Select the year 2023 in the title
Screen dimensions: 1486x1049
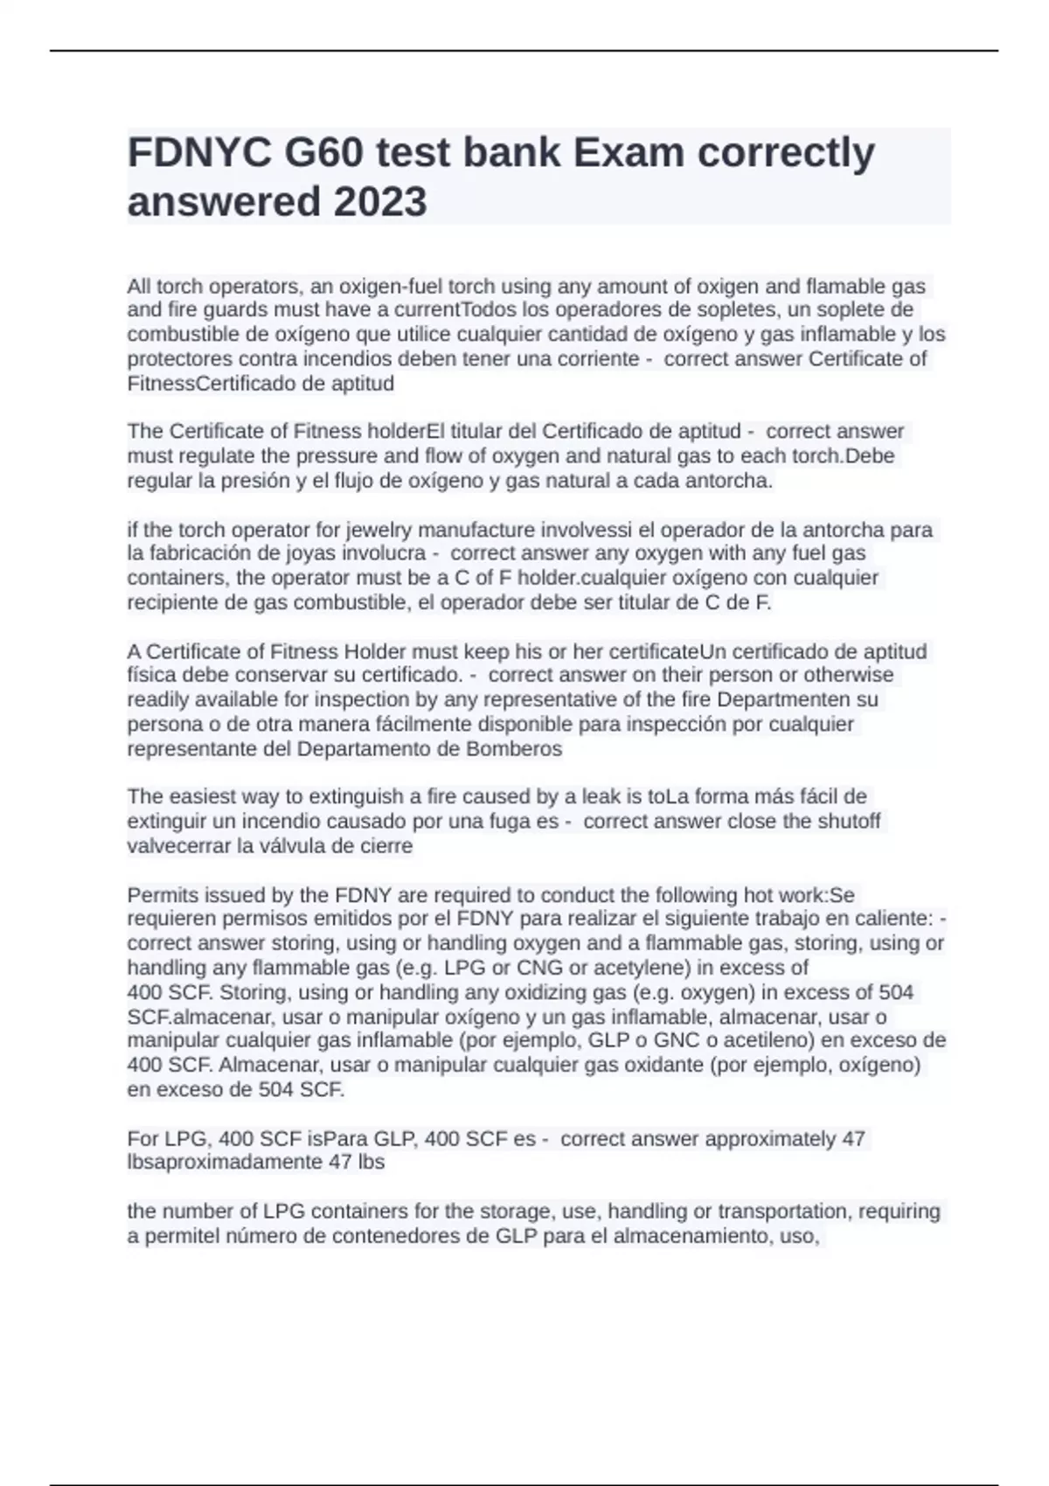[379, 202]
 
